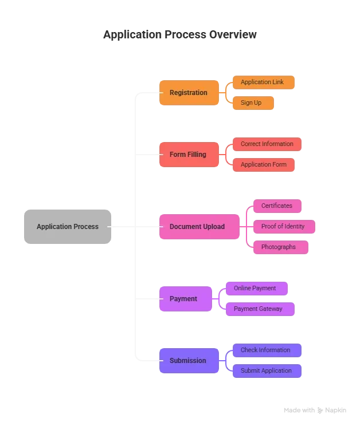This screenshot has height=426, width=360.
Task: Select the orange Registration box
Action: coord(188,93)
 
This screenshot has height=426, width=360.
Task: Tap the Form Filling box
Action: coord(188,155)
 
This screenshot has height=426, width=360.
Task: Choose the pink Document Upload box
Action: coord(197,227)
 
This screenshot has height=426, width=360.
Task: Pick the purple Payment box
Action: coord(185,299)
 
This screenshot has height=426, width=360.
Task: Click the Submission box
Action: coord(188,361)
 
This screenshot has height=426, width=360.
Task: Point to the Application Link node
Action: coord(263,82)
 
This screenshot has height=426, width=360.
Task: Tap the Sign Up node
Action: coord(252,103)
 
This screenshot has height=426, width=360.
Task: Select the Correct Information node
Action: coord(267,144)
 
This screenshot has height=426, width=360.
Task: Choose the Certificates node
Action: coord(277,206)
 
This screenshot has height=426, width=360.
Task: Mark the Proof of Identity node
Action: coord(284,227)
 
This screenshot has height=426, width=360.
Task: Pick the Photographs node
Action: coord(279,247)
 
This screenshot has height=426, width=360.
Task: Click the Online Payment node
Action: coord(255,289)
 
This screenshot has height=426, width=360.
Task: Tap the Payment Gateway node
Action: coord(259,309)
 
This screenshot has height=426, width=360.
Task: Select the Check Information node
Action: coord(265,350)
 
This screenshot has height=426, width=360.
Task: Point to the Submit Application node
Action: coord(266,371)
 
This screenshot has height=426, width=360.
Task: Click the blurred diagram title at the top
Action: coord(179,35)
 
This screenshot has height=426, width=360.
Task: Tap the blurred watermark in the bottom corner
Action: coord(316,410)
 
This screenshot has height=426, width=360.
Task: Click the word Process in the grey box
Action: coord(85,227)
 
